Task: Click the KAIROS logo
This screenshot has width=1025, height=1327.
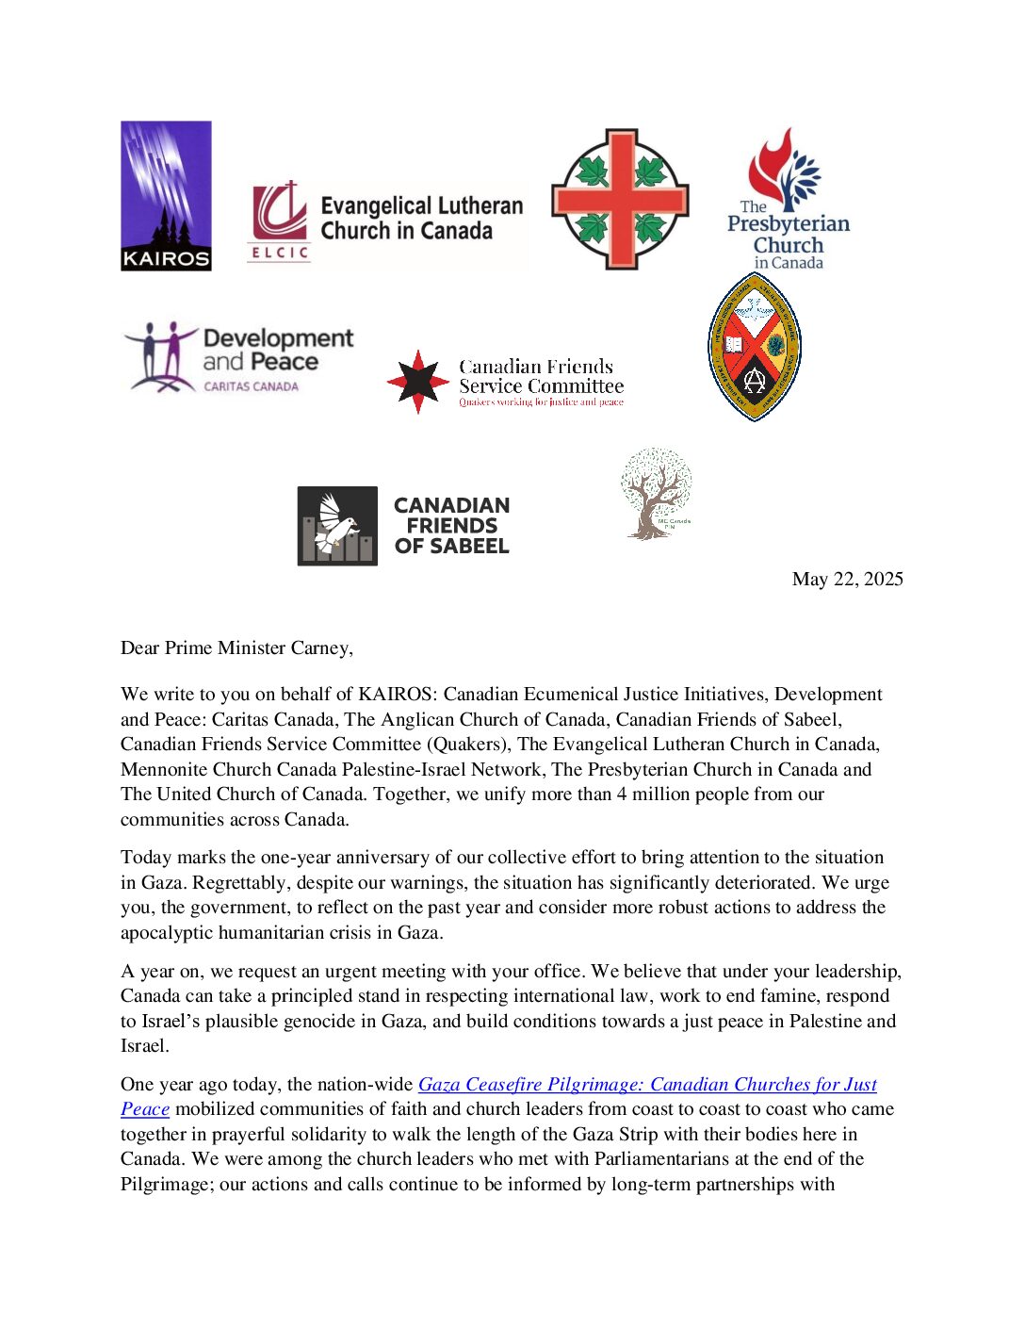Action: (x=166, y=196)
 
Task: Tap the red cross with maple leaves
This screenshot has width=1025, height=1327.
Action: (x=620, y=199)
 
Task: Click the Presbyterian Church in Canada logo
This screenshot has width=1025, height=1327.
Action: (x=788, y=200)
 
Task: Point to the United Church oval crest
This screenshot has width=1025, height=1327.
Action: (x=754, y=347)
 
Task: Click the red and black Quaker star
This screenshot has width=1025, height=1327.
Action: (x=418, y=382)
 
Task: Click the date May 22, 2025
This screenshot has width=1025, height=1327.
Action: (x=847, y=579)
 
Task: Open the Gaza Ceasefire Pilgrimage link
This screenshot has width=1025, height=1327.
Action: (x=647, y=1085)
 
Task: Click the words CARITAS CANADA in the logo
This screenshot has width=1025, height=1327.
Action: (x=251, y=386)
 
